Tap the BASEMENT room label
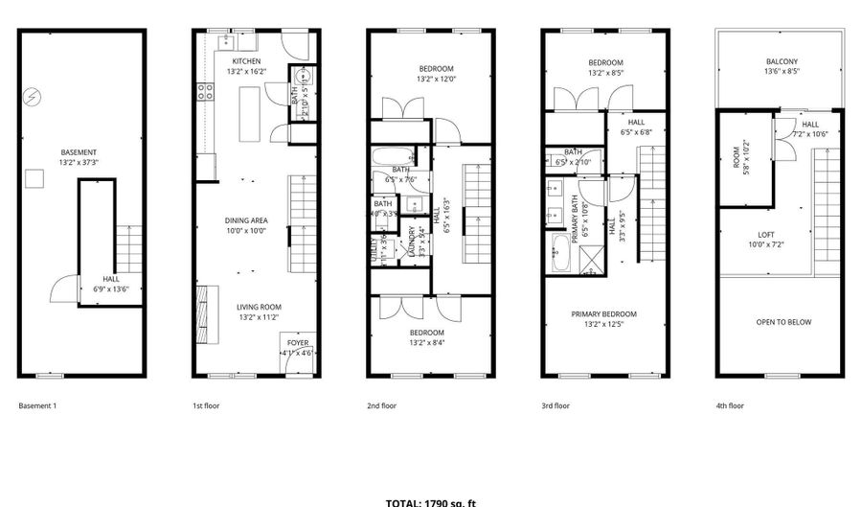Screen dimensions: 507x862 78,152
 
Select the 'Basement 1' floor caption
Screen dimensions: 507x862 37,405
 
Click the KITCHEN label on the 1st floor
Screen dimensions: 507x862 246,62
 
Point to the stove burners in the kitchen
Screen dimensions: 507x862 204,92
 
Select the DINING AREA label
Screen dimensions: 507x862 246,220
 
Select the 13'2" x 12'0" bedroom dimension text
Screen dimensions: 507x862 436,79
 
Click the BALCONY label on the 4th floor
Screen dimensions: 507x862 781,61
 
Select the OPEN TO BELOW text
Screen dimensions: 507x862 783,322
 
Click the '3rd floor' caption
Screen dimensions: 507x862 556,405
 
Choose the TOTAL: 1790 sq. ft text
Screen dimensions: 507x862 430,502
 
